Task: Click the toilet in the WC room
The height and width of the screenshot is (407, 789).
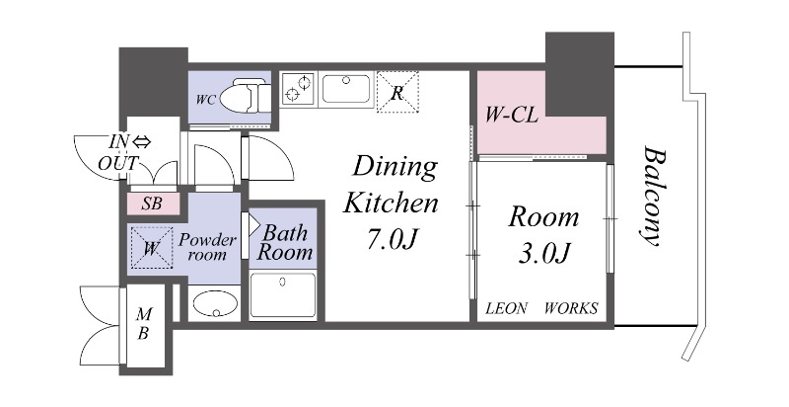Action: (245, 97)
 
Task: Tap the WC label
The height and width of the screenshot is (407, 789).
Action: (206, 100)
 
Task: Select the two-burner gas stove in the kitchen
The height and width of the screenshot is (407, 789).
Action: (298, 89)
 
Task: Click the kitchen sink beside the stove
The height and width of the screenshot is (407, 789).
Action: (346, 89)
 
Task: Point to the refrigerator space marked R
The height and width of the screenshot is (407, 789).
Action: (397, 92)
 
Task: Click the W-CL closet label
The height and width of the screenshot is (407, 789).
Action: (511, 116)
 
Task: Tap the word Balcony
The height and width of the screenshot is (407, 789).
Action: (652, 196)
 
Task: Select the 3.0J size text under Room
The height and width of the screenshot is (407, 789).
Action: (544, 255)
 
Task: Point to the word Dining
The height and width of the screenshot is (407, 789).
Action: (394, 168)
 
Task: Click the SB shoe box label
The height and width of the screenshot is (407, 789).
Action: (152, 203)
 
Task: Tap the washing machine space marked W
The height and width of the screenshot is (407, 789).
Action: (152, 249)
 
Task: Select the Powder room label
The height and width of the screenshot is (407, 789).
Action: (207, 246)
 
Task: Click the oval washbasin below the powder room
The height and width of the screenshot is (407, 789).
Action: (215, 303)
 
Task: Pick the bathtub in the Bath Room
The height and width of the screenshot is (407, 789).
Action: (283, 295)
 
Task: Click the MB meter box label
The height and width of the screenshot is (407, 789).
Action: (144, 324)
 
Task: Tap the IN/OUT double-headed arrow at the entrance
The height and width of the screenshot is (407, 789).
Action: (142, 142)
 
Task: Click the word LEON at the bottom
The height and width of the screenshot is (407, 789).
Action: (506, 308)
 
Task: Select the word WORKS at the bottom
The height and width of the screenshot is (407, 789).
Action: (571, 308)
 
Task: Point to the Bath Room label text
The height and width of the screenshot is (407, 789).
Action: (285, 243)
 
